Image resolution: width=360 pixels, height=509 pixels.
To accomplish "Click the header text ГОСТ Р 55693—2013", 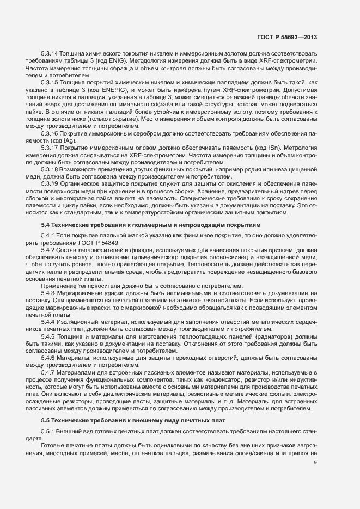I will (x=286, y=38).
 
